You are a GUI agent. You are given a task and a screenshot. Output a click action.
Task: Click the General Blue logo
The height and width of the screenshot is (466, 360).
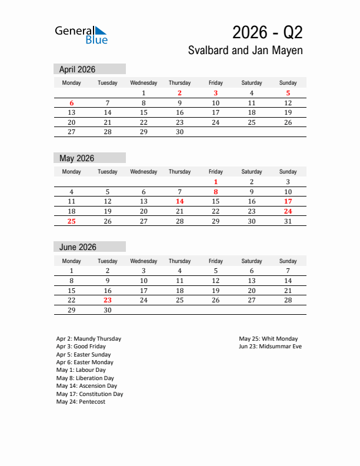(x=81, y=35)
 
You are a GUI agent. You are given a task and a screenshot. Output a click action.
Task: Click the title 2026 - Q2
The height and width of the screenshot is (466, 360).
(x=267, y=32)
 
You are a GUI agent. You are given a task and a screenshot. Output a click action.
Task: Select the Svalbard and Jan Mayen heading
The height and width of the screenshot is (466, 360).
(x=245, y=51)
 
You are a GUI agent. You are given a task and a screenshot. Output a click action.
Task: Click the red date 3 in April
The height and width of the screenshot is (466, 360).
(x=216, y=93)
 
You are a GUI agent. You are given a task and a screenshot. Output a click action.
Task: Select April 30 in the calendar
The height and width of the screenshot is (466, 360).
(x=179, y=132)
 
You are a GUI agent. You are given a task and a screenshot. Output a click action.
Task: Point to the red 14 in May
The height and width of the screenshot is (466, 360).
(x=179, y=201)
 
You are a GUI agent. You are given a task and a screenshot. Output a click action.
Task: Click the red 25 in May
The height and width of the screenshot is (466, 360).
(x=71, y=221)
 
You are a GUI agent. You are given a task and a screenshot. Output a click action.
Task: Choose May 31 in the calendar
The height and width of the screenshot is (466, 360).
(x=288, y=221)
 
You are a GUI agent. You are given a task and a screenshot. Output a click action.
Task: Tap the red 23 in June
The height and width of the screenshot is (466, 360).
(x=108, y=300)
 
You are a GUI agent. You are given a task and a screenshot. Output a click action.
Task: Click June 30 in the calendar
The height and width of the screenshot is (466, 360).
(x=108, y=310)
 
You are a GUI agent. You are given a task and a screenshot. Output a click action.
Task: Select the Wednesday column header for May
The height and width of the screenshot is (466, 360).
(x=144, y=172)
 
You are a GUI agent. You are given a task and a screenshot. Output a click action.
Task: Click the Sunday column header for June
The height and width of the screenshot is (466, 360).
(x=288, y=261)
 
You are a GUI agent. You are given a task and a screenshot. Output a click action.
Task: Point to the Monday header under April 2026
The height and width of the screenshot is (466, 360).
(x=71, y=83)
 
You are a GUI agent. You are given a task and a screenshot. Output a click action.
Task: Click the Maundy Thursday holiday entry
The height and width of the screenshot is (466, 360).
(x=89, y=339)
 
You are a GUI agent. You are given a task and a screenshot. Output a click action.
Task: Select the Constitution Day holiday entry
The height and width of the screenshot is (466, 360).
(x=90, y=394)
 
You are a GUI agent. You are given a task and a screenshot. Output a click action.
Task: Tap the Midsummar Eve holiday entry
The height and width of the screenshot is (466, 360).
(x=270, y=347)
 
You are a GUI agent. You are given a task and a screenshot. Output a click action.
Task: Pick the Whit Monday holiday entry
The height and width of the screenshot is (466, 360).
(x=268, y=339)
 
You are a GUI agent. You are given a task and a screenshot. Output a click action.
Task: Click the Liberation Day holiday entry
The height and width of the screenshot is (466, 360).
(x=85, y=378)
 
